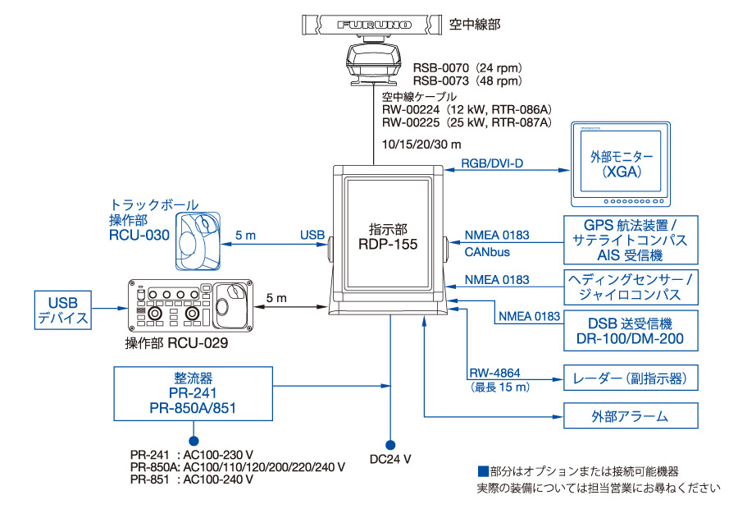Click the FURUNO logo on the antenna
[x=374, y=25]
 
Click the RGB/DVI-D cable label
[x=492, y=163]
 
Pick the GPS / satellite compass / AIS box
[x=631, y=240]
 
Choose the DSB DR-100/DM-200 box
[x=631, y=330]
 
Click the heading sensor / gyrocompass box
[x=631, y=287]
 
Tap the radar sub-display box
[x=631, y=378]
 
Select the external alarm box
[x=631, y=415]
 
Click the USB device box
[x=63, y=310]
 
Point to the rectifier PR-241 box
[x=193, y=393]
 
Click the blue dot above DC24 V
[x=390, y=445]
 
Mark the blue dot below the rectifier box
[x=194, y=441]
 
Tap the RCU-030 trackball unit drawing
[x=198, y=241]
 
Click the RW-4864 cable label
[x=494, y=373]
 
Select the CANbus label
[x=487, y=252]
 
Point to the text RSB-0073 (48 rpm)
[x=468, y=81]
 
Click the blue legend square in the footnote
[x=483, y=471]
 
